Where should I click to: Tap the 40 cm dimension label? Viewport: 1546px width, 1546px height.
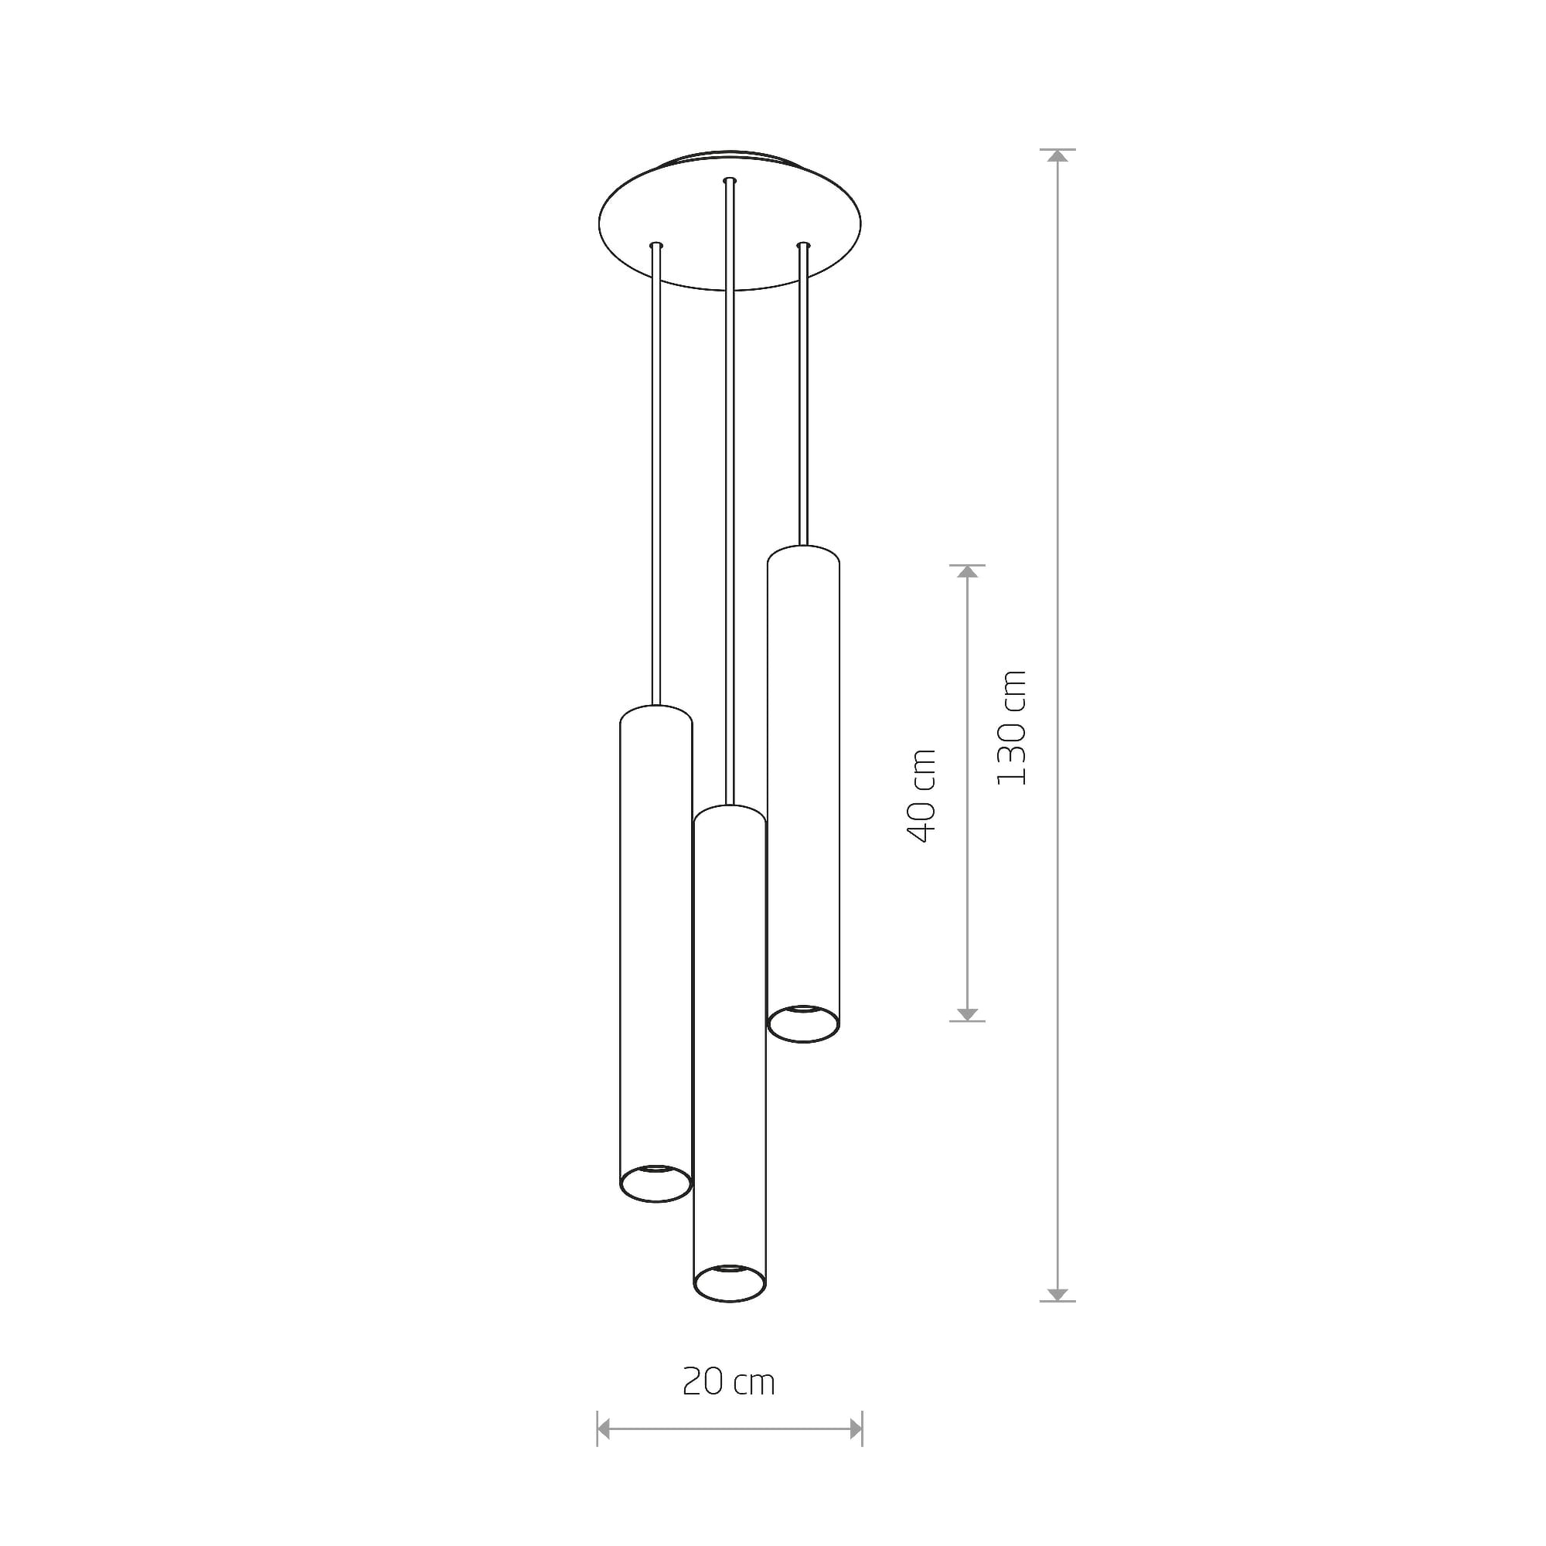click(921, 796)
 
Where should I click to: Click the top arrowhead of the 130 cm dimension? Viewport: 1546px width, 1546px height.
click(1058, 156)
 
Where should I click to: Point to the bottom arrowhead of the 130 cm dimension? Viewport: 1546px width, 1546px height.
click(1058, 1295)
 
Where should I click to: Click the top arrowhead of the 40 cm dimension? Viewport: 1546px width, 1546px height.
click(968, 571)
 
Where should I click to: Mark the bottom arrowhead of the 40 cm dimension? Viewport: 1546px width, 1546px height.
click(968, 1015)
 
